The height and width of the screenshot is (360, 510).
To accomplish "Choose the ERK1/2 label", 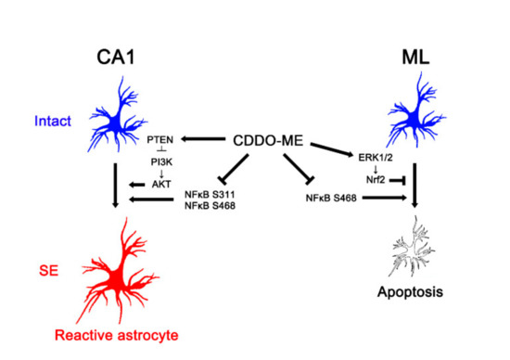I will [x=372, y=139].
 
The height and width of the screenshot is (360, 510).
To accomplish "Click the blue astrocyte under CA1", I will [x=117, y=120].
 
